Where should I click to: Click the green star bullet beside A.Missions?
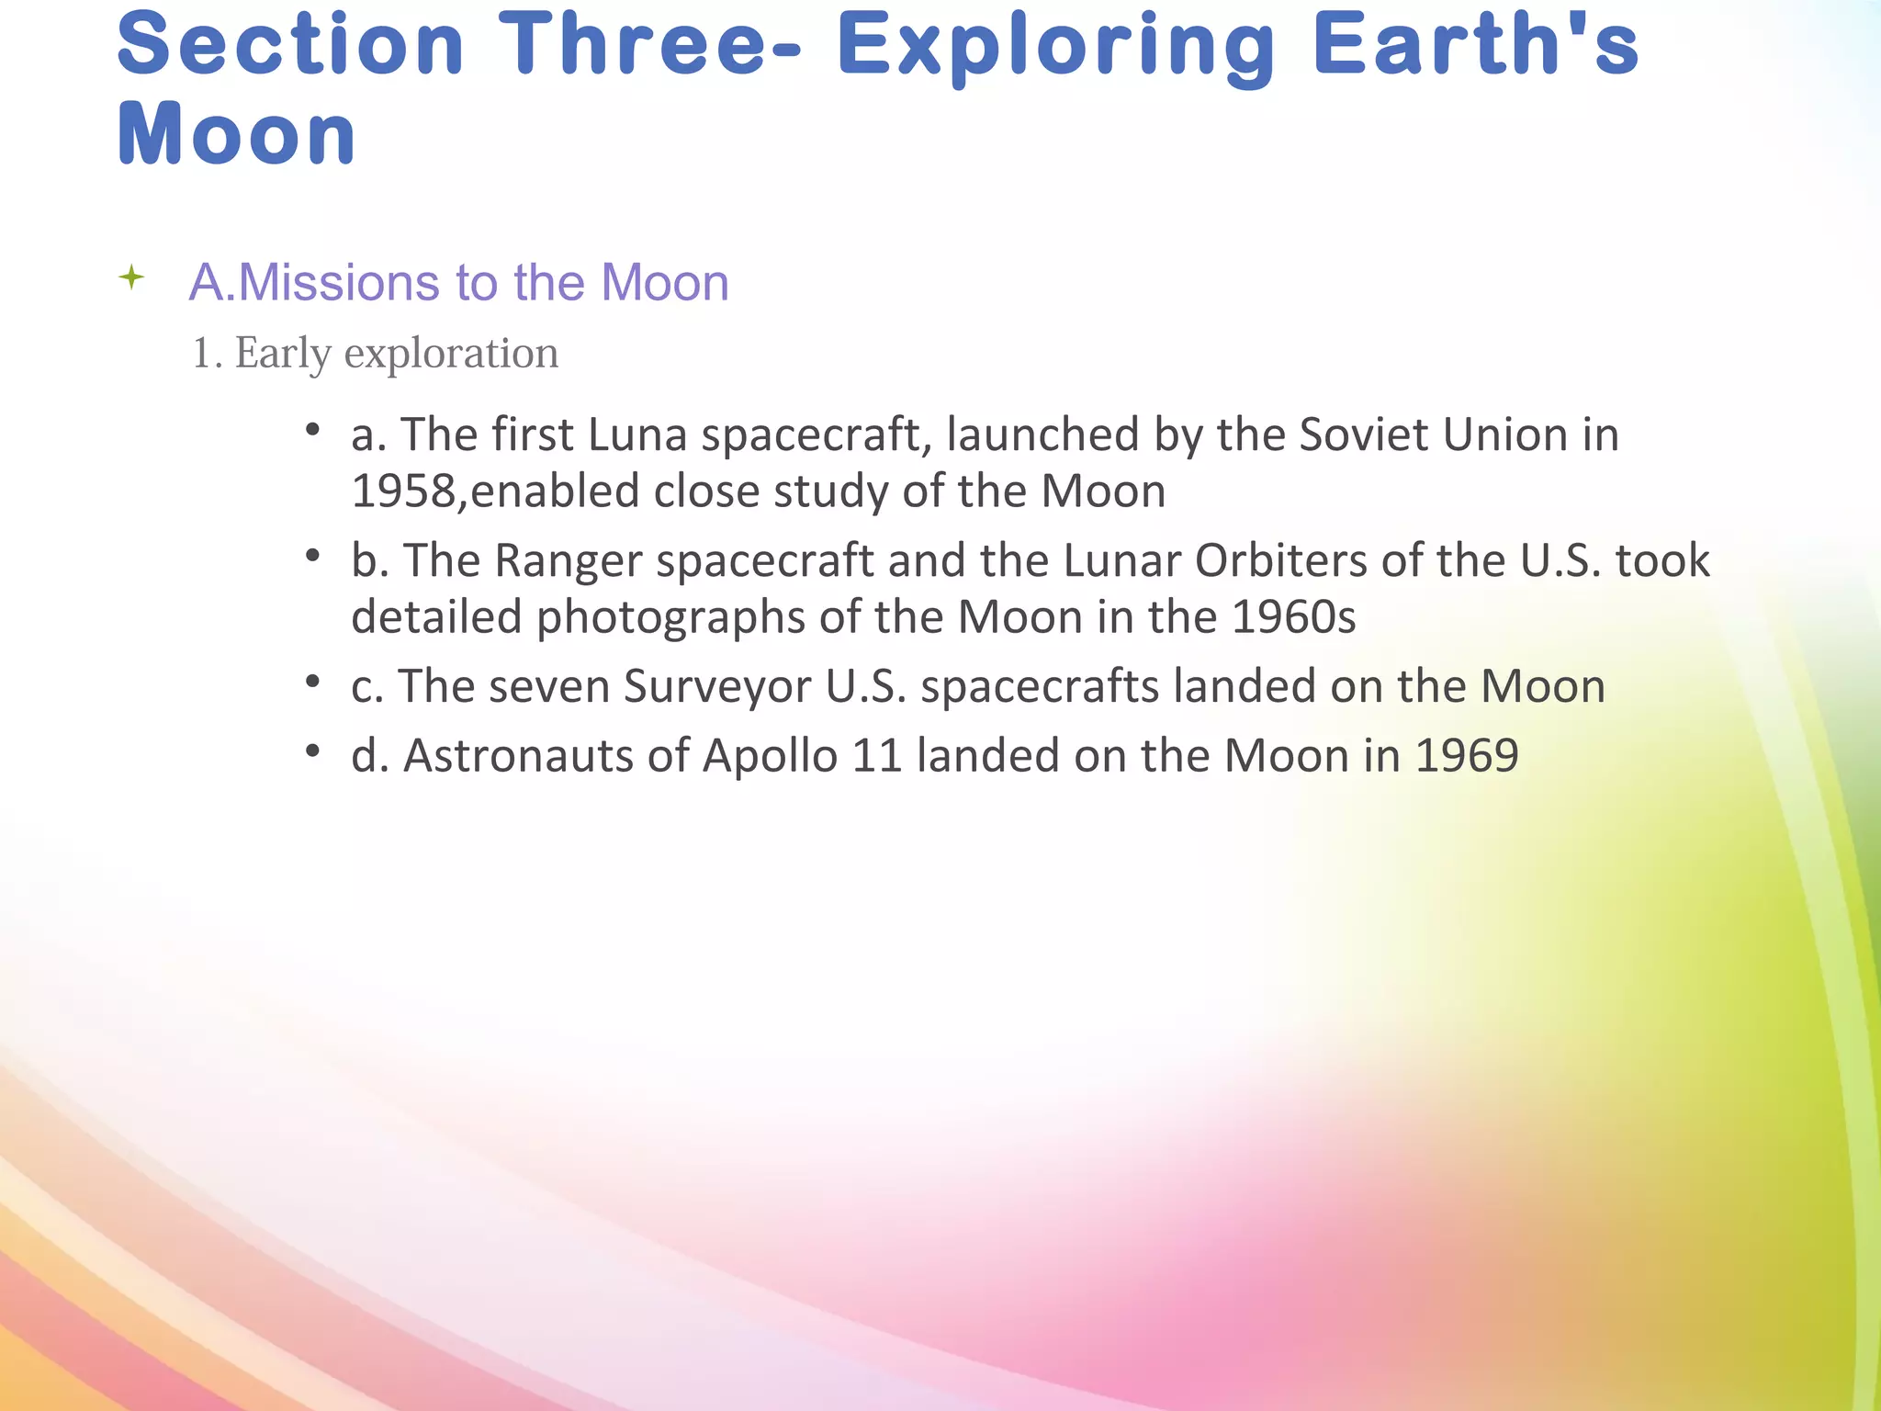132,277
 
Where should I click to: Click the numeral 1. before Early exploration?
206,354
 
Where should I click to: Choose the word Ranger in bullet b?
568,560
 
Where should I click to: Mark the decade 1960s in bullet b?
1293,617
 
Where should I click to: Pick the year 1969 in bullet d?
1467,757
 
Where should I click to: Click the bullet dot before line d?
313,752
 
